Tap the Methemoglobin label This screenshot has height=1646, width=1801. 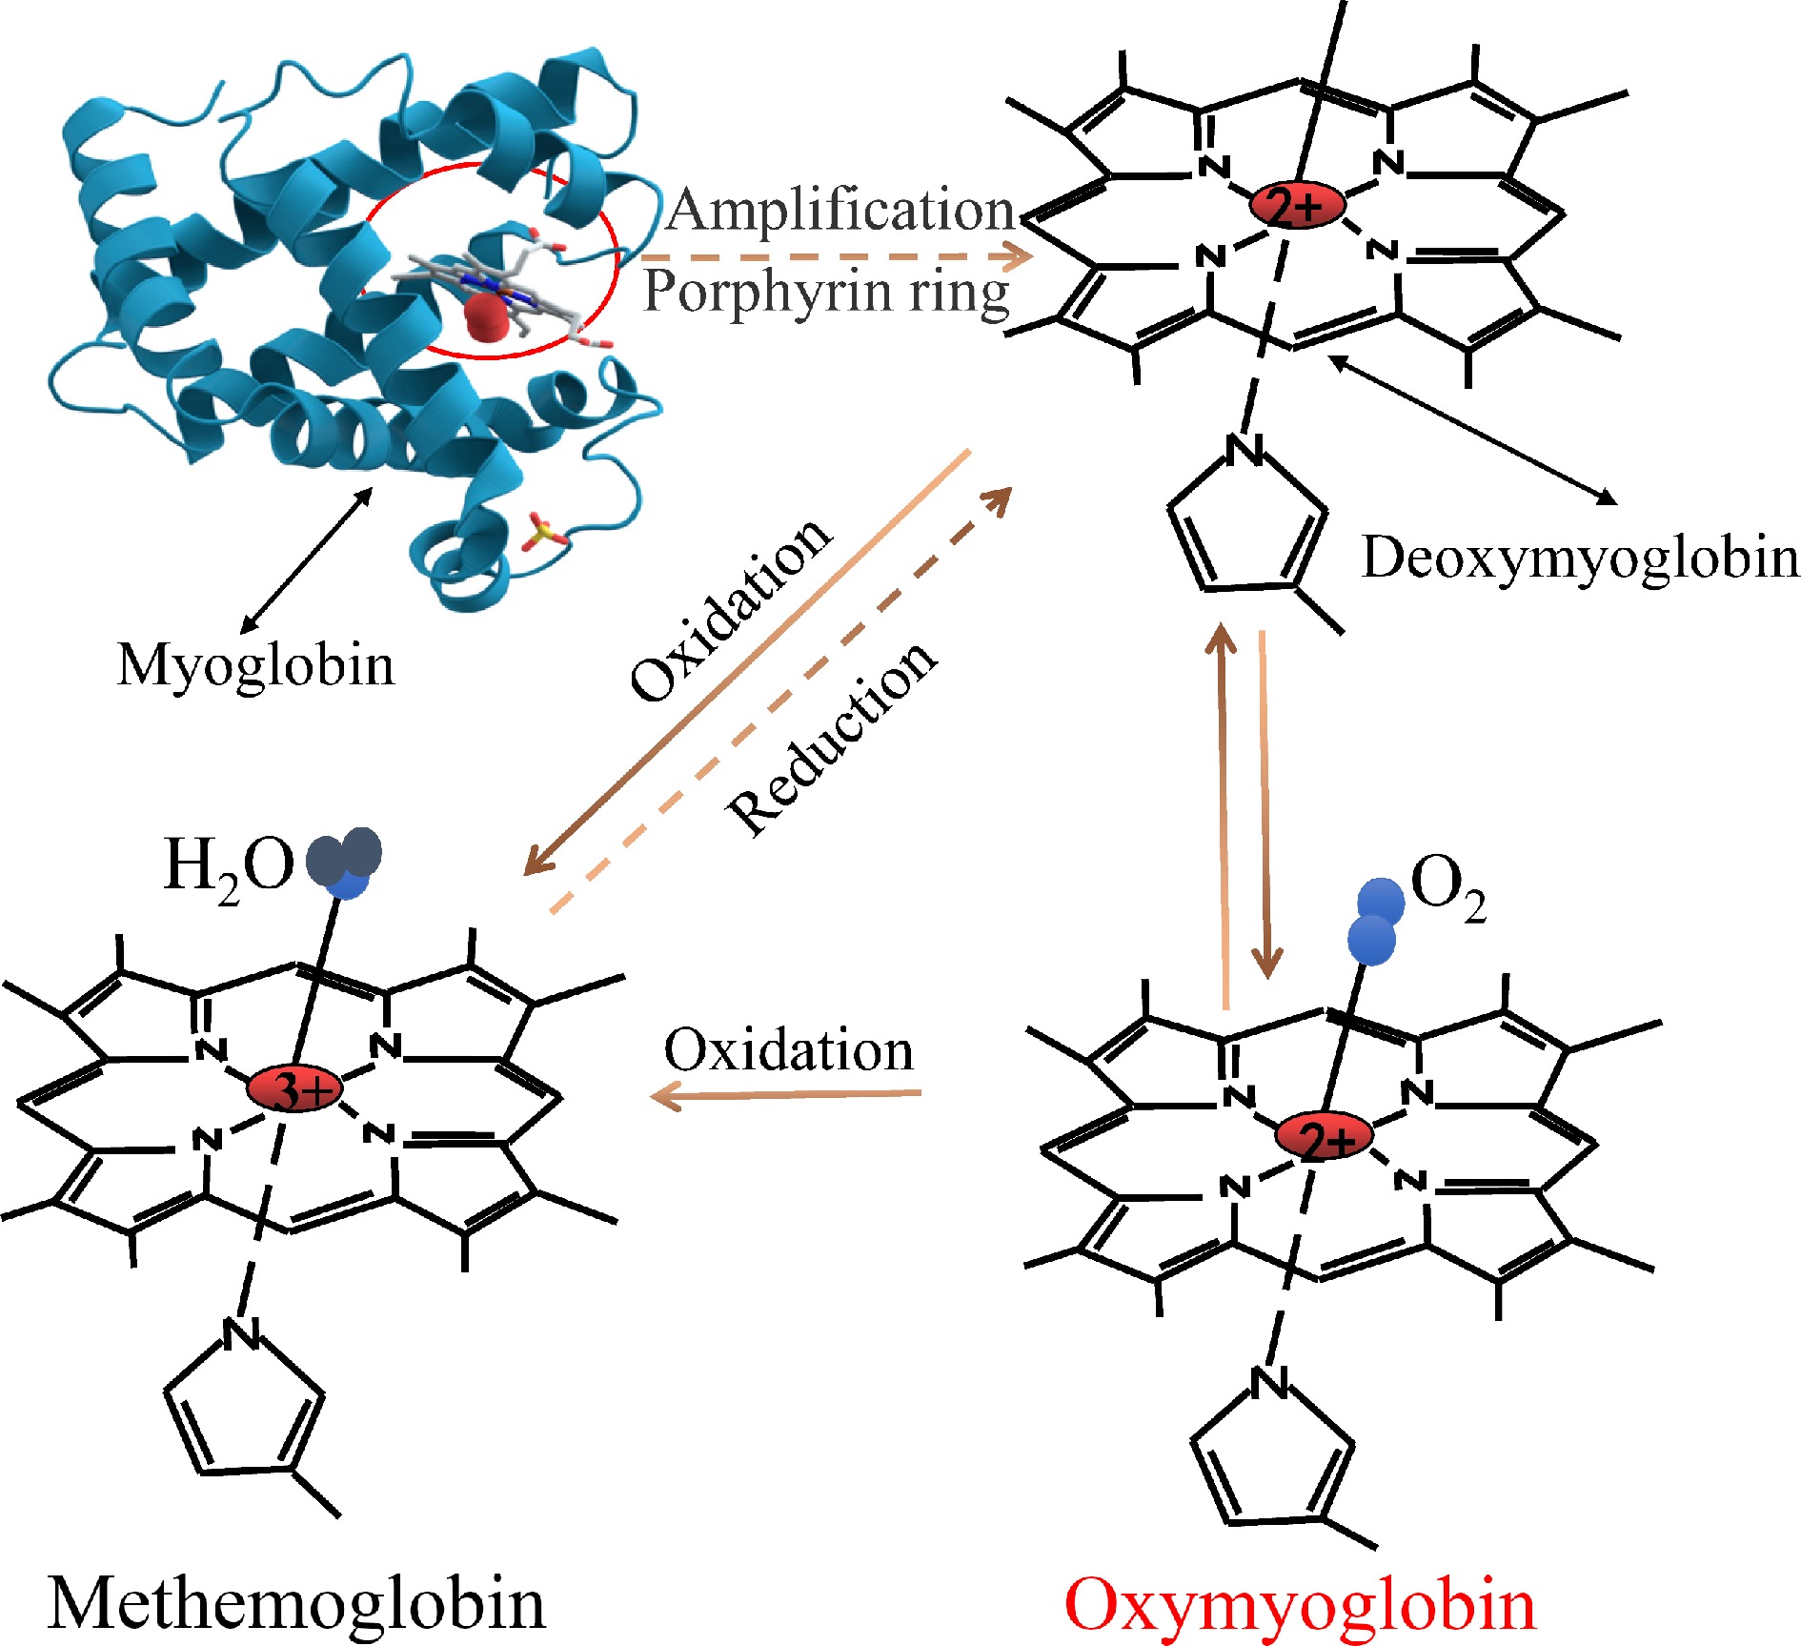(x=296, y=1603)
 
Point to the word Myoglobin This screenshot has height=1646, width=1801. (x=255, y=664)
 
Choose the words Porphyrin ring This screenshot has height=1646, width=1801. (x=826, y=292)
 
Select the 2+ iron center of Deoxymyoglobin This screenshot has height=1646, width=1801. (x=1298, y=204)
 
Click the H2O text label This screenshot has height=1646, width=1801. (x=229, y=866)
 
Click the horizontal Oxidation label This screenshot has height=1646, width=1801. (x=788, y=1050)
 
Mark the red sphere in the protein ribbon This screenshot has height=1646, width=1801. (x=488, y=316)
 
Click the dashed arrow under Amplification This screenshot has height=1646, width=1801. (x=835, y=255)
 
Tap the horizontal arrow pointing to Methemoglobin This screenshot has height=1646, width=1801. (x=785, y=1095)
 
